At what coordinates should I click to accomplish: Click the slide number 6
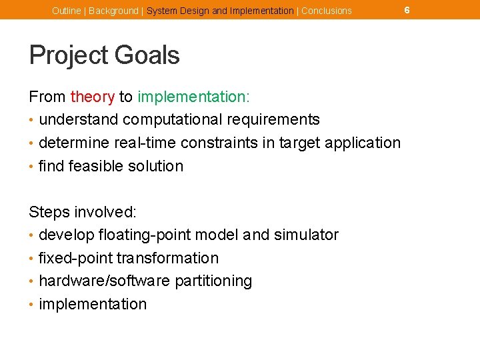pyautogui.click(x=407, y=10)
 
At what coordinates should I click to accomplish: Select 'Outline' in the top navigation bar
pyautogui.click(x=66, y=11)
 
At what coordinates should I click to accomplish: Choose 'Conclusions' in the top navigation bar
pyautogui.click(x=327, y=11)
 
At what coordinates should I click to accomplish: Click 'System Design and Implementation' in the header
pyautogui.click(x=220, y=11)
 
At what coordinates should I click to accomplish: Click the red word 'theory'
pyautogui.click(x=93, y=97)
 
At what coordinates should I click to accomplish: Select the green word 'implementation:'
pyautogui.click(x=193, y=97)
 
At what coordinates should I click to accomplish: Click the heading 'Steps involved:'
pyautogui.click(x=83, y=212)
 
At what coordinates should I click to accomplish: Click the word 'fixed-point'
pyautogui.click(x=74, y=258)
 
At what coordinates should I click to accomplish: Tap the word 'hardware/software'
pyautogui.click(x=105, y=281)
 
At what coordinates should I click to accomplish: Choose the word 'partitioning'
pyautogui.click(x=213, y=281)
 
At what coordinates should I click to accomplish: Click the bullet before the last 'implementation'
pyautogui.click(x=32, y=305)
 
